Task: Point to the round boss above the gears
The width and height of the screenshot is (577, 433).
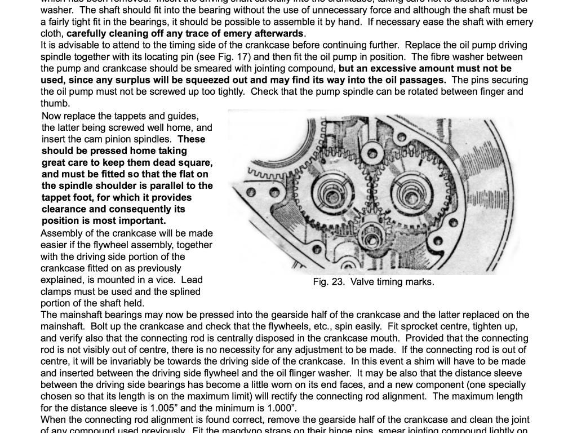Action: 371,152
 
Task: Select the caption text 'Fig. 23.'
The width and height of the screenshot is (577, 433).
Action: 329,282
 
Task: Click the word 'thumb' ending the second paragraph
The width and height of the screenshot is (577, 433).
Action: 54,104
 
